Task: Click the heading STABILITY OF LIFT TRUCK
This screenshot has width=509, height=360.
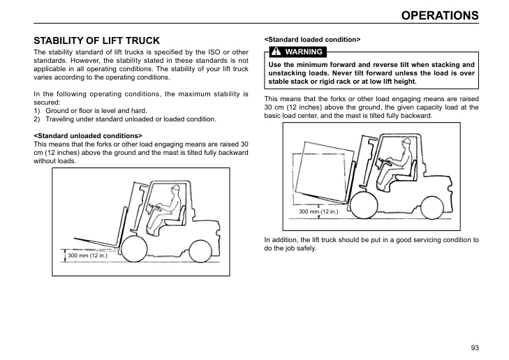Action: [x=97, y=40]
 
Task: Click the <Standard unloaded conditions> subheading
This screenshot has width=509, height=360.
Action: [x=88, y=135]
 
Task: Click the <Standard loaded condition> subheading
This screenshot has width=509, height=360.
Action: [x=312, y=39]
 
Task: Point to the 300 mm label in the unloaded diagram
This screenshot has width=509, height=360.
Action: [x=87, y=256]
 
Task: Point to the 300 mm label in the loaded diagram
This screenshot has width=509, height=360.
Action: [x=318, y=211]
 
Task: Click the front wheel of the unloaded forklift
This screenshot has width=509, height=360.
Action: [x=133, y=248]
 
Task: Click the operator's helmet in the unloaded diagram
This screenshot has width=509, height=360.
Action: [x=177, y=188]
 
